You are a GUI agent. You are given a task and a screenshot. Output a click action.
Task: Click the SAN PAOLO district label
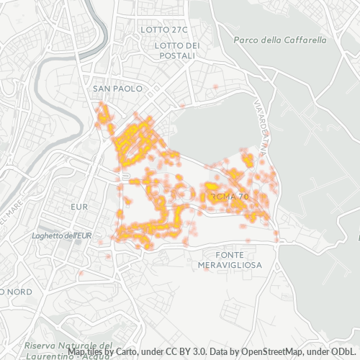pyautogui.click(x=114, y=89)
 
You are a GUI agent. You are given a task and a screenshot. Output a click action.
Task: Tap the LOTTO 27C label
pyautogui.click(x=165, y=30)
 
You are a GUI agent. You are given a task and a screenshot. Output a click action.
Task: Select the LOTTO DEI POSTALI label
pyautogui.click(x=175, y=50)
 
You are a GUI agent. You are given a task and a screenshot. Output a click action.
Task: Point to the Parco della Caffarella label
pyautogui.click(x=280, y=40)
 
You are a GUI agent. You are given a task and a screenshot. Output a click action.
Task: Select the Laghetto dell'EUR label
pyautogui.click(x=63, y=235)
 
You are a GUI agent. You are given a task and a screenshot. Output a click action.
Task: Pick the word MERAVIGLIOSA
pyautogui.click(x=229, y=265)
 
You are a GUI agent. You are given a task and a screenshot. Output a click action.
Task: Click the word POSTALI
pyautogui.click(x=175, y=55)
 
